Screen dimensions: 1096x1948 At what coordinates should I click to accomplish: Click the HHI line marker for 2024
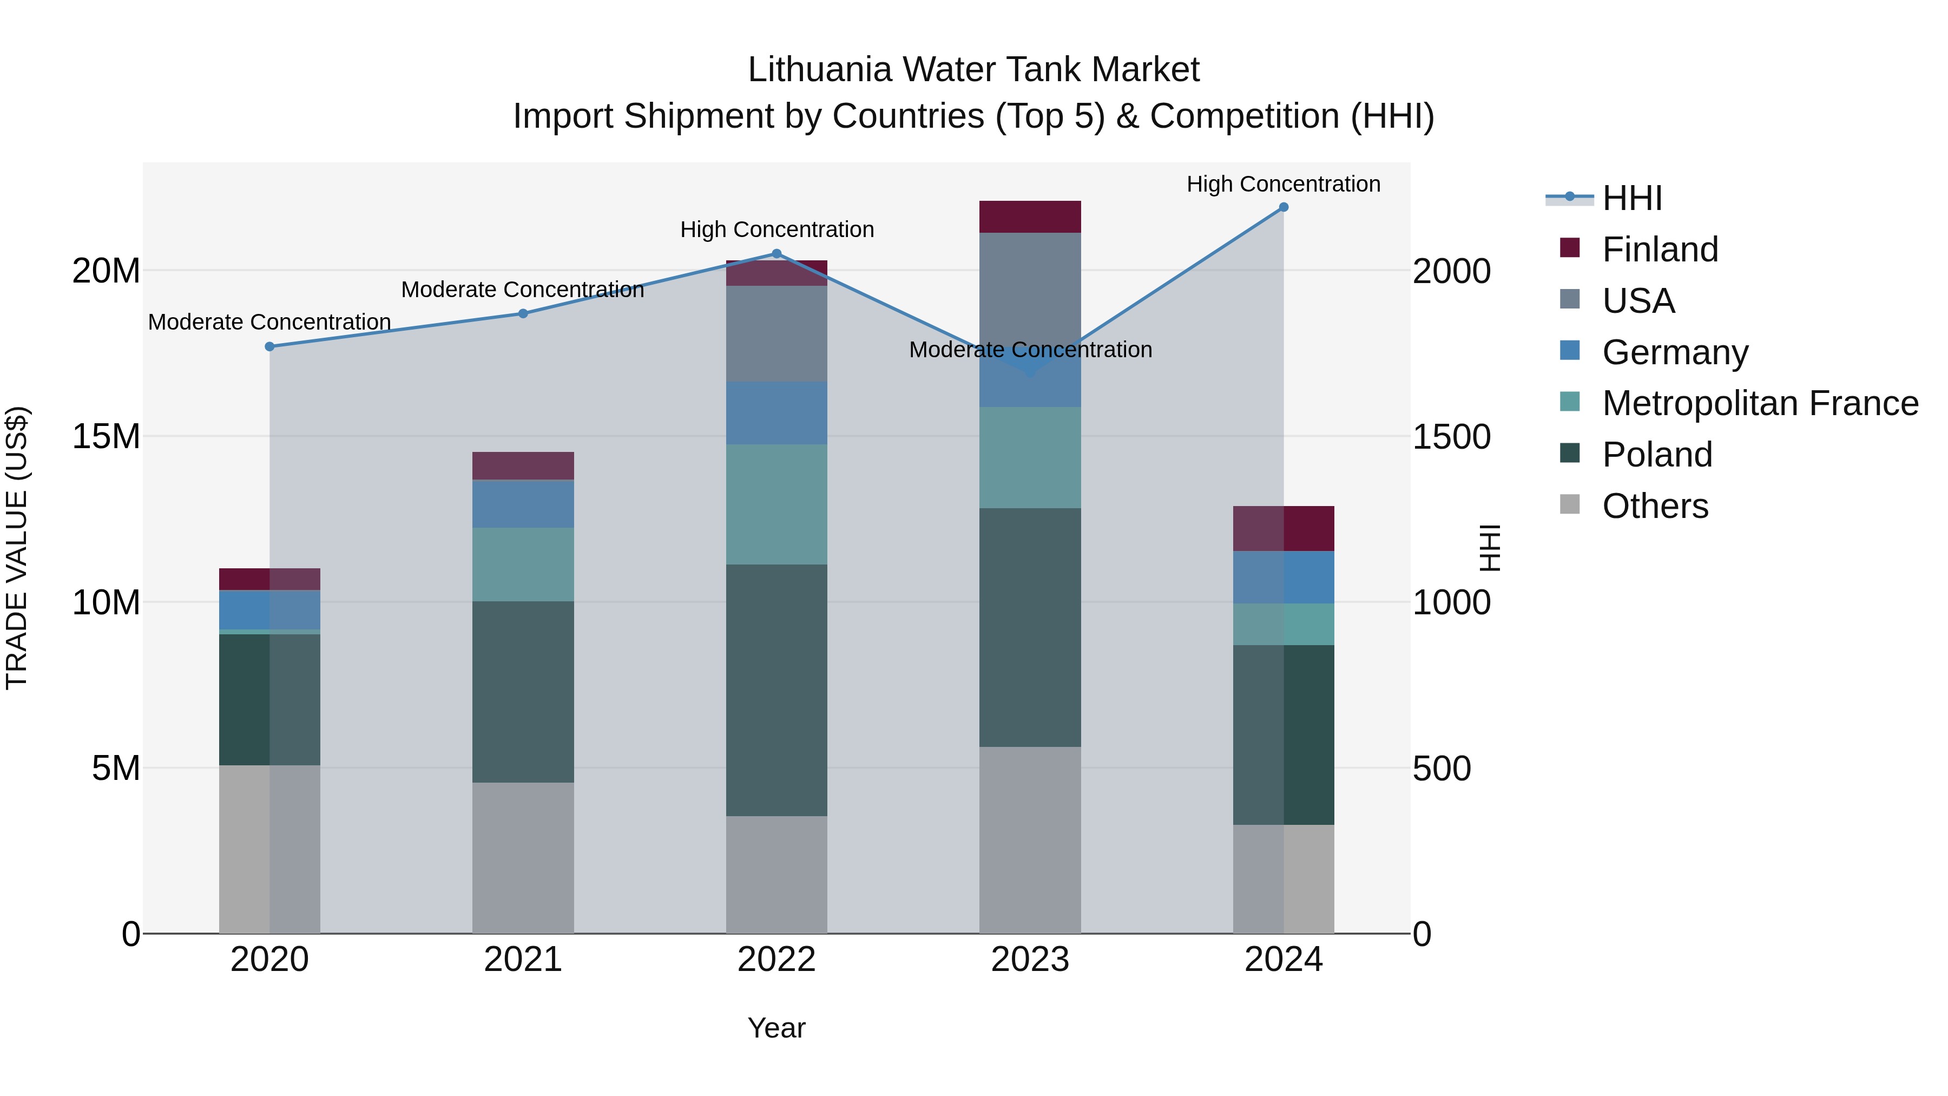[1284, 207]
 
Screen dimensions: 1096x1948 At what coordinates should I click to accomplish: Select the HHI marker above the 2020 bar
[270, 346]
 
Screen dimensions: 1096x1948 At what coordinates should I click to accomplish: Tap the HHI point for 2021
[523, 313]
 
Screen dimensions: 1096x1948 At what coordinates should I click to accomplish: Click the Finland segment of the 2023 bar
[1030, 217]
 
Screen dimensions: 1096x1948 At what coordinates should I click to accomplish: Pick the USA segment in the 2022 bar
[776, 333]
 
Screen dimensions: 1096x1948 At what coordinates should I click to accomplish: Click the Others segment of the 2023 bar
[1030, 839]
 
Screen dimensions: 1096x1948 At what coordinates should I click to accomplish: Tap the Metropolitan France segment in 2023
[1030, 457]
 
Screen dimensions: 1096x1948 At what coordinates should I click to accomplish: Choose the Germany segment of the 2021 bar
[523, 504]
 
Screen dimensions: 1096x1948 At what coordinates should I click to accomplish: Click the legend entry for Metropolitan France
[1760, 403]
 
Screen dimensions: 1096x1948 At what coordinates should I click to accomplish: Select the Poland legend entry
[1657, 455]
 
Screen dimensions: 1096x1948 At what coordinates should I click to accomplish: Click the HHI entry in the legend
[1632, 198]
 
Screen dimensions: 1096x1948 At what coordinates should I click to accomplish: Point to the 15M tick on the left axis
[107, 436]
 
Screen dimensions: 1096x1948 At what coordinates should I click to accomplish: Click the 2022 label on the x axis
[776, 960]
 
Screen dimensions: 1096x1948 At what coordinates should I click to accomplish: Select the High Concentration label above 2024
[1284, 184]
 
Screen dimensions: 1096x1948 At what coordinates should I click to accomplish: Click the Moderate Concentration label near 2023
[1030, 350]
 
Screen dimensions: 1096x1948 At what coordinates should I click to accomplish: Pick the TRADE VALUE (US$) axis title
[17, 548]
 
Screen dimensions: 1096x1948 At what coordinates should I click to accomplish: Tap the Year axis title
[776, 1028]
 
